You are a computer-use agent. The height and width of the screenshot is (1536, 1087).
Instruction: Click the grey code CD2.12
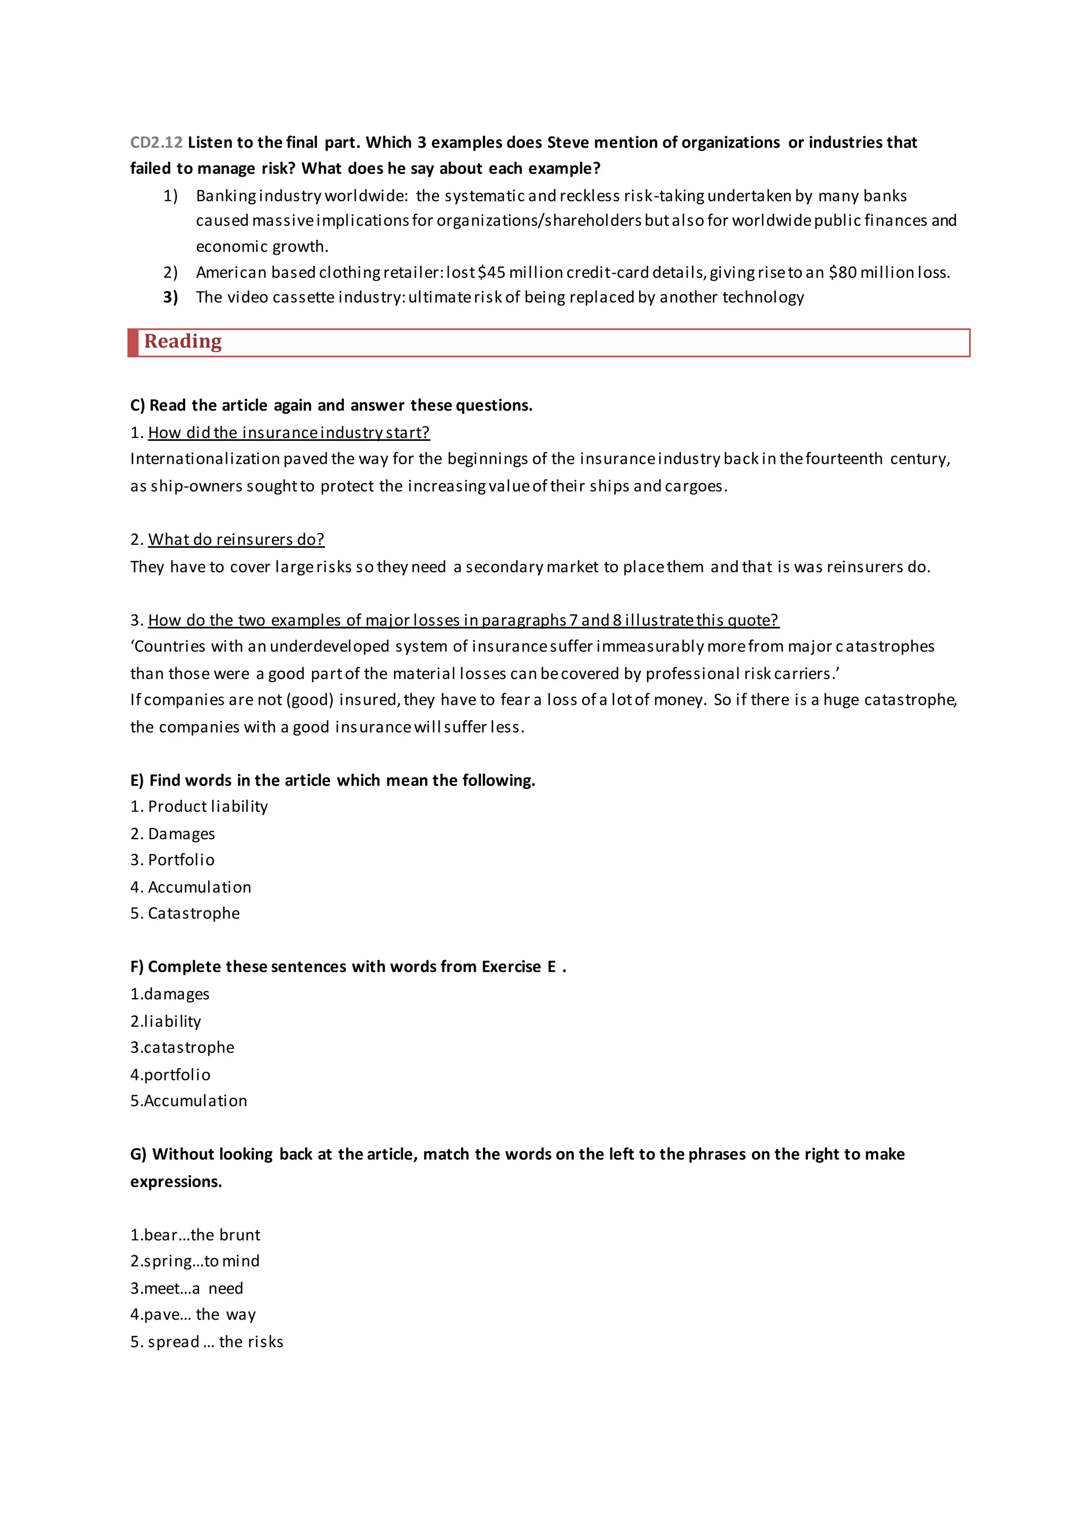click(156, 143)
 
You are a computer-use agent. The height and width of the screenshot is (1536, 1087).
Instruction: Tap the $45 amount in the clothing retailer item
click(492, 272)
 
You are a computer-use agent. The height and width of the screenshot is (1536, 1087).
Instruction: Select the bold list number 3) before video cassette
click(171, 297)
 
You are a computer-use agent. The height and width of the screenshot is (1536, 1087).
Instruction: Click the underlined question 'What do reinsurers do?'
click(236, 539)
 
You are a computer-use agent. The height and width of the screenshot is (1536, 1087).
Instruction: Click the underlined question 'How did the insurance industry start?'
click(289, 432)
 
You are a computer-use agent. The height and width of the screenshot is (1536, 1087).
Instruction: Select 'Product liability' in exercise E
click(208, 807)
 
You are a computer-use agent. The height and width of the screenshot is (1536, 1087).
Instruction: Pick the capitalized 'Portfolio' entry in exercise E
click(180, 860)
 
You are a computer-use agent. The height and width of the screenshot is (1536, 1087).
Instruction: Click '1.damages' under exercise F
click(170, 994)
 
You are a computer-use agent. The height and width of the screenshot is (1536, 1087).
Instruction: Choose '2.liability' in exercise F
click(166, 1021)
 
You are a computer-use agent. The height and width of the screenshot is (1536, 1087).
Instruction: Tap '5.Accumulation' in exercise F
click(189, 1101)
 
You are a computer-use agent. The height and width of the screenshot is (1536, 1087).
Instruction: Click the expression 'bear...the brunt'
click(195, 1235)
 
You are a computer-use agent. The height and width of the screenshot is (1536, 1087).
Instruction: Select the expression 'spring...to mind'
click(195, 1261)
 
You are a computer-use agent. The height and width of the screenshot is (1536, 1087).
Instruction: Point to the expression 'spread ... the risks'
click(207, 1341)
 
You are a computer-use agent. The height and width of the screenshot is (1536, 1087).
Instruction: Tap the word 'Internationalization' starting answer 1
click(205, 459)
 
